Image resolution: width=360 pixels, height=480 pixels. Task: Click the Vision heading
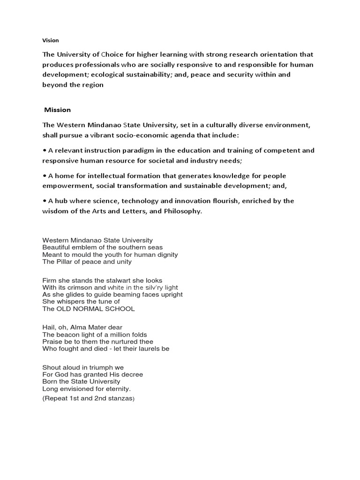tap(51, 40)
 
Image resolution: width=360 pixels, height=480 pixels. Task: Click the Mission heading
tap(57, 110)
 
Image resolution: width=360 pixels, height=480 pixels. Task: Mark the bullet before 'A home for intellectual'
tap(45, 176)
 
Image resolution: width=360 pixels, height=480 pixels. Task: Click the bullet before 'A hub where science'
tap(45, 201)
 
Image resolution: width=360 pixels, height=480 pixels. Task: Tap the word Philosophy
tap(179, 211)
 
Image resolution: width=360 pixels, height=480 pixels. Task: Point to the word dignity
tap(165, 255)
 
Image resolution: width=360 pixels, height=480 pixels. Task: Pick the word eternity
tap(114, 389)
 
